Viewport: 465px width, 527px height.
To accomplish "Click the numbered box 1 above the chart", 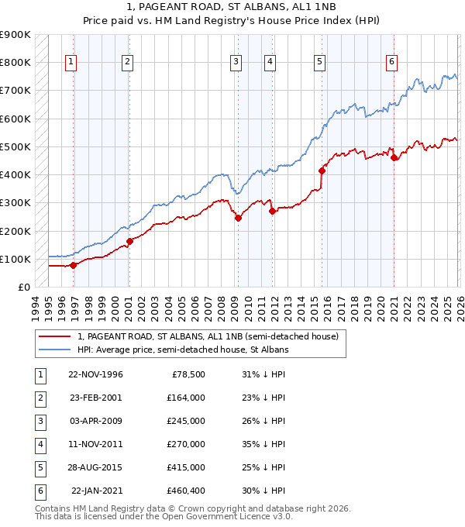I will (x=71, y=63).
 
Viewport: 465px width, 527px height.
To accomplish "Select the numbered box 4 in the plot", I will (x=269, y=63).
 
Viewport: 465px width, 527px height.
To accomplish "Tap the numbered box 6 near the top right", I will (x=392, y=63).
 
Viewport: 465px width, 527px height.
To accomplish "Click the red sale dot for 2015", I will (x=322, y=170).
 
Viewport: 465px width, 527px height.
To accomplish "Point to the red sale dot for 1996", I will (x=74, y=265).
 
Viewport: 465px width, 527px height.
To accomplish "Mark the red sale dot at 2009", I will (x=239, y=218).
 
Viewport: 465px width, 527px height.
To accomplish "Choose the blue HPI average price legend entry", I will (x=182, y=350).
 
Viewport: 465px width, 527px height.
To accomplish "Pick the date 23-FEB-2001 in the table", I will (x=95, y=398).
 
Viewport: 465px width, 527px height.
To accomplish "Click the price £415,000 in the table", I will (x=185, y=467).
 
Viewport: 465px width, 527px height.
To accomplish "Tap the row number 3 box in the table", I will (x=39, y=421).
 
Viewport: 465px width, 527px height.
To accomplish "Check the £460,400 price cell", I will (x=185, y=491).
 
